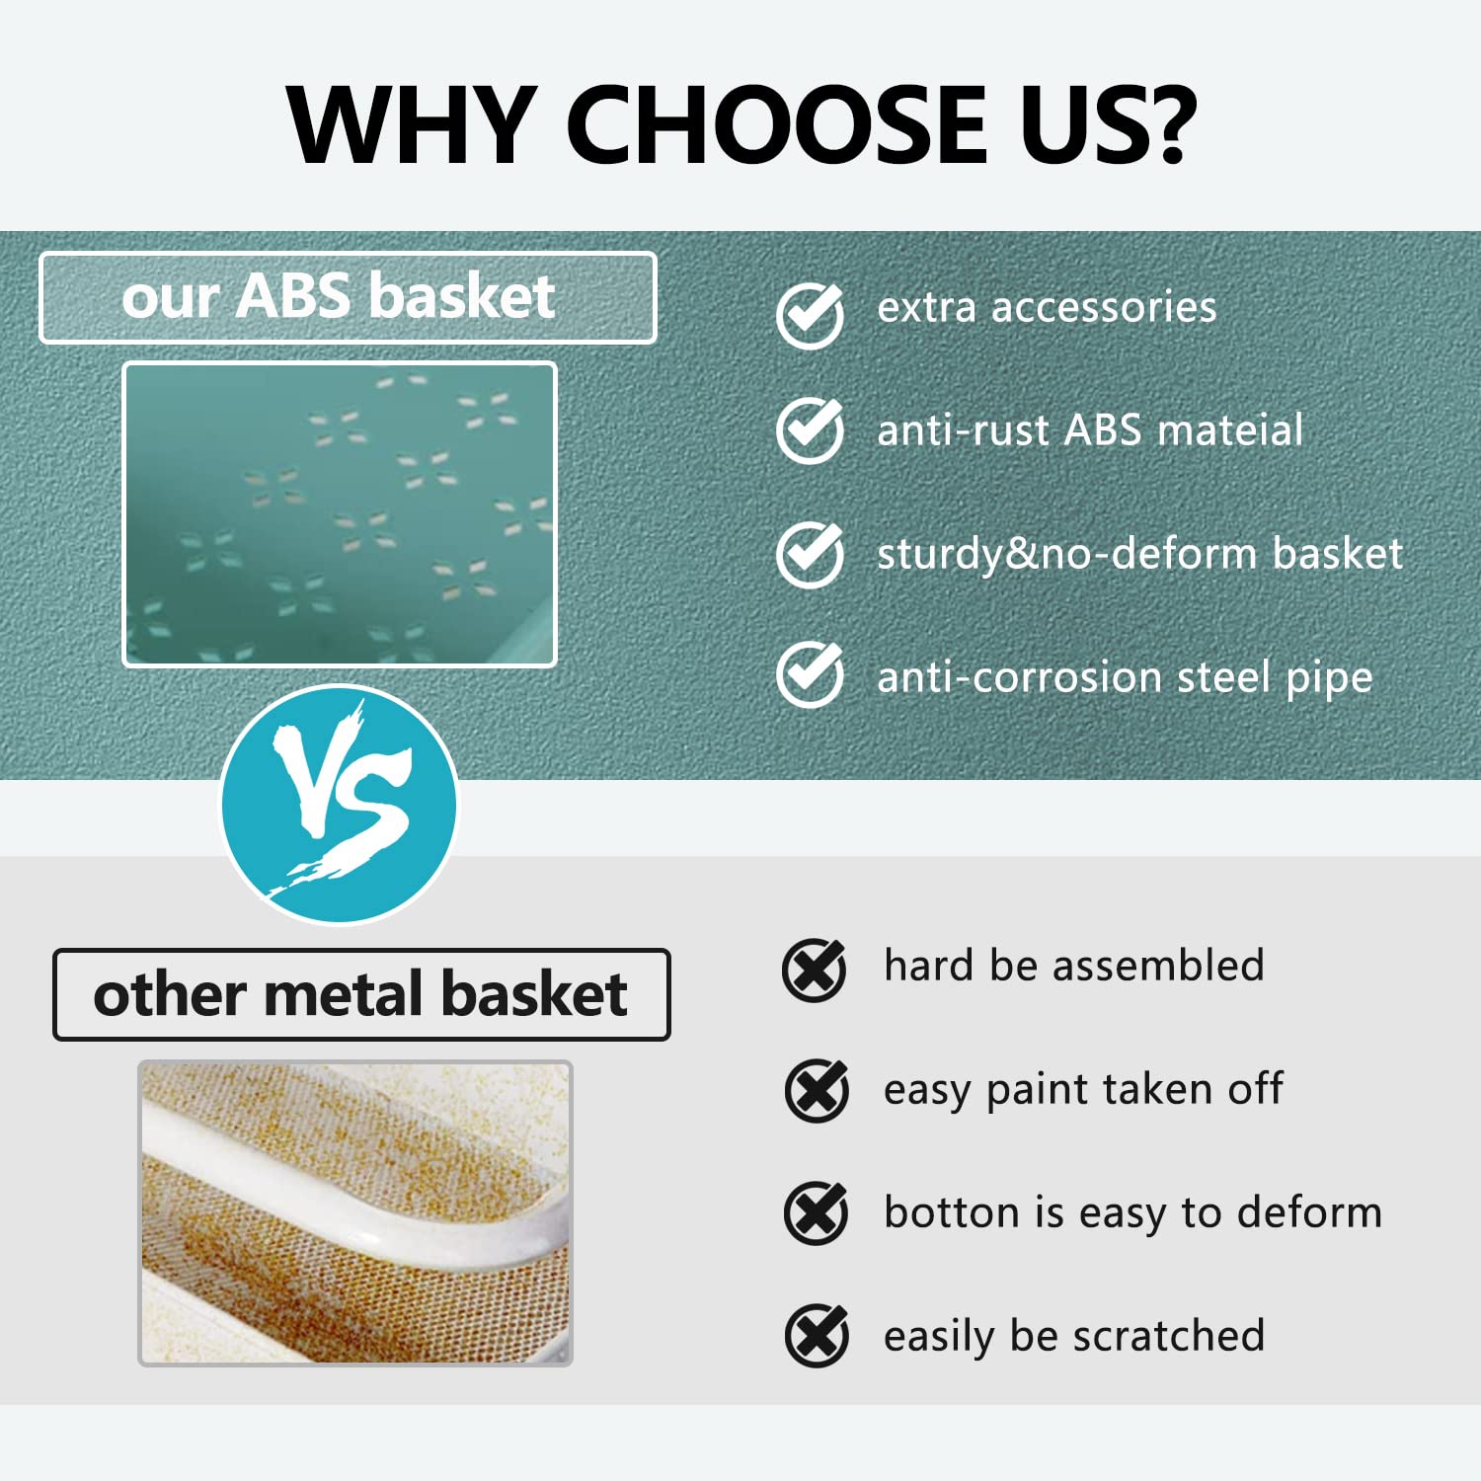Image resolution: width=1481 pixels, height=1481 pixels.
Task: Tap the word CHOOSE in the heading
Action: point(777,123)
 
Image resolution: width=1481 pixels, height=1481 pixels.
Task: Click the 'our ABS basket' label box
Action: point(348,297)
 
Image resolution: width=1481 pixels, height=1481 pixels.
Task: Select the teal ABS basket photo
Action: point(340,514)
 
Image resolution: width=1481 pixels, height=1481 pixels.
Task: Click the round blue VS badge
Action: point(340,805)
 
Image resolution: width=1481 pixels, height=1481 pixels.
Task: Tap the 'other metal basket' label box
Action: point(361,994)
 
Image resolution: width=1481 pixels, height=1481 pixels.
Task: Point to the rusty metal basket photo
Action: point(355,1213)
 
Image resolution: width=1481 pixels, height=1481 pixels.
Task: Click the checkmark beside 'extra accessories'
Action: point(810,315)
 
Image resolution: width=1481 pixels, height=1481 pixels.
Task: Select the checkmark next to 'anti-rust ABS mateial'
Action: point(810,430)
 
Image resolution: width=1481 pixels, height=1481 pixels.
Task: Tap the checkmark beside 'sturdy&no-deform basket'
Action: point(810,554)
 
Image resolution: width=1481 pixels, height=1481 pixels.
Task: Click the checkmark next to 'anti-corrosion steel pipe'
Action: point(810,675)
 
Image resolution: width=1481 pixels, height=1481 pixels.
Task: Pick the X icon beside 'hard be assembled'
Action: point(815,971)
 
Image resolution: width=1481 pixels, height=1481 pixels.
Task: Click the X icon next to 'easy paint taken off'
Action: point(817,1091)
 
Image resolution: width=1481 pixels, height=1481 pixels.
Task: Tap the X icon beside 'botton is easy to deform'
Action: point(817,1213)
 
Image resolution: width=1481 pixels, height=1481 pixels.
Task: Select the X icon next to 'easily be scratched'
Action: point(817,1336)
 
